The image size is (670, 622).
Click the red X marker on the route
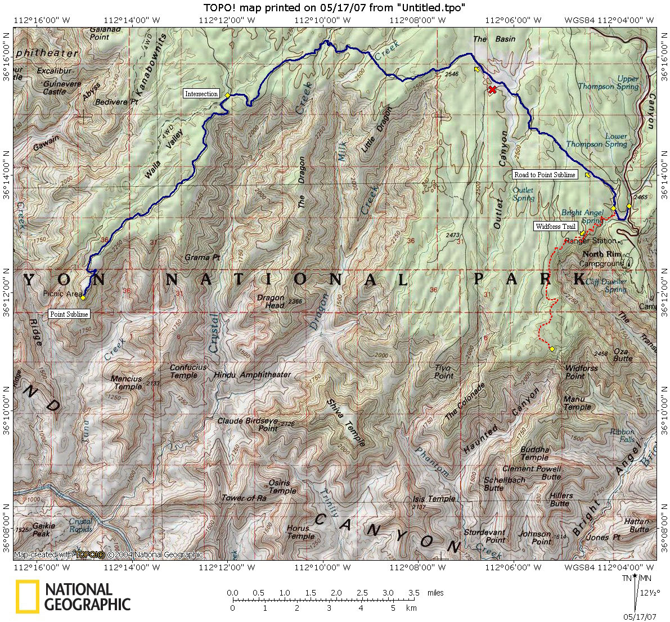tap(492, 89)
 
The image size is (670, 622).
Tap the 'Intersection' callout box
tap(201, 93)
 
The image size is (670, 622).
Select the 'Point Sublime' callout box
tap(69, 314)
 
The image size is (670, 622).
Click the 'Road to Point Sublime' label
tap(545, 175)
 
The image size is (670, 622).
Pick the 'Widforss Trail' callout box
tap(555, 227)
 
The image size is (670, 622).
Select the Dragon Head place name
tap(271, 301)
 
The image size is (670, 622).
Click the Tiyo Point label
tap(444, 372)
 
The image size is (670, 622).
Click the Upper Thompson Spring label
tap(619, 83)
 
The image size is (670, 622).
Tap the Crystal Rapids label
tap(80, 525)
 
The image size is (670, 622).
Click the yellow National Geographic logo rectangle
tap(28, 597)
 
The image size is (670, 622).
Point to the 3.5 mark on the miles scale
tap(414, 593)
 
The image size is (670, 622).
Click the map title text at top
tap(334, 7)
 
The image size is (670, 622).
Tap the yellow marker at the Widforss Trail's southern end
tap(552, 349)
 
